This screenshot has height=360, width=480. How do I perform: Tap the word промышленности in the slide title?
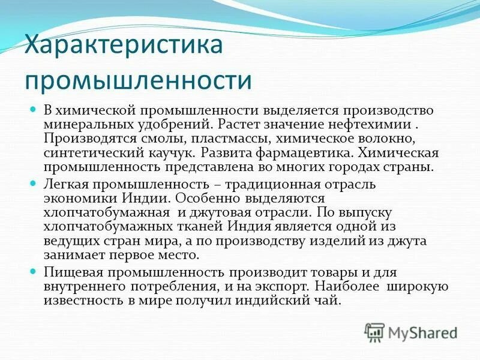click(x=137, y=80)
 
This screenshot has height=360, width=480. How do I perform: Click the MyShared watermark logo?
click(x=411, y=331)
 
